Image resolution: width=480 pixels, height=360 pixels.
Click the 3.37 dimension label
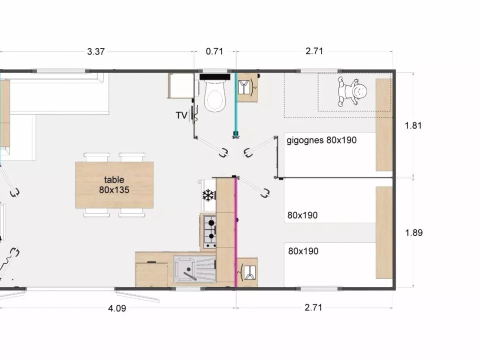click(96, 51)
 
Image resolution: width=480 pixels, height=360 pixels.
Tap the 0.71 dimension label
click(214, 51)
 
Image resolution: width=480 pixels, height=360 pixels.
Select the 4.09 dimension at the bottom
click(117, 308)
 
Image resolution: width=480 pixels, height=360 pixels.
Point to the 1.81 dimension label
click(413, 125)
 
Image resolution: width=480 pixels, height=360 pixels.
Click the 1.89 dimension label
click(414, 232)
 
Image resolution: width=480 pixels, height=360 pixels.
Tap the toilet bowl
click(215, 95)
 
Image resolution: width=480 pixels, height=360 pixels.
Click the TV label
click(181, 115)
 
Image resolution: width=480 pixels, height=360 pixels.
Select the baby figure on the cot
click(352, 91)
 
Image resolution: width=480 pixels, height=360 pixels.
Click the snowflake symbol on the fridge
click(208, 195)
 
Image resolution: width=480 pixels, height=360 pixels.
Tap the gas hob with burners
click(210, 231)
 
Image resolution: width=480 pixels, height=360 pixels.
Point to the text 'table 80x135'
click(114, 184)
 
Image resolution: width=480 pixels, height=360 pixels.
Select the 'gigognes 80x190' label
click(321, 140)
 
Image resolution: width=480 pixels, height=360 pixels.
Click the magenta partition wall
click(236, 232)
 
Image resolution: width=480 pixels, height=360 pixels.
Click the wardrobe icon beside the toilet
click(247, 87)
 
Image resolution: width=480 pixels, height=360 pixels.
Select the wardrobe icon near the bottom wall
click(247, 272)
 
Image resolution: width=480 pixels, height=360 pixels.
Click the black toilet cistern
click(215, 76)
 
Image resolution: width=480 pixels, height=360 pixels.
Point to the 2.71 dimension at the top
click(314, 51)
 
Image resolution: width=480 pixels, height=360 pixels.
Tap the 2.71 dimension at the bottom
click(313, 307)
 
